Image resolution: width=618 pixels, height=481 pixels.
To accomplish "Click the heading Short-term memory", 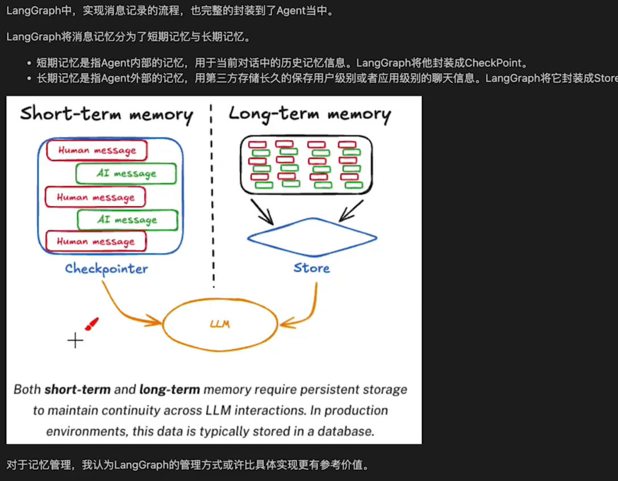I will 106,114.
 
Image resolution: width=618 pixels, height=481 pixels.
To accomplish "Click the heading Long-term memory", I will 310,114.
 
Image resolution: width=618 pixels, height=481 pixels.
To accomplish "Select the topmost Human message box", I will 97,150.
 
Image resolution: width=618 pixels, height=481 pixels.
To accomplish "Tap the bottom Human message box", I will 95,241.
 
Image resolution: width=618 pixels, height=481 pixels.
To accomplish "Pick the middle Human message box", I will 95,197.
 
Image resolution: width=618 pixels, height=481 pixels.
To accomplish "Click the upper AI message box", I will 126,174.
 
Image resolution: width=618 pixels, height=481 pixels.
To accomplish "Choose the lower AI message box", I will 127,220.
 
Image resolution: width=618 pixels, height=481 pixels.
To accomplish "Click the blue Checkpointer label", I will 106,269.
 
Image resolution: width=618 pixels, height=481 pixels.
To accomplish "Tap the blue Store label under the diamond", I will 311,267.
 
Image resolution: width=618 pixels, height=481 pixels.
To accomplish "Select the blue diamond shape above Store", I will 312,237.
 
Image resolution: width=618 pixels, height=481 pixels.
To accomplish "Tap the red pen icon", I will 91,324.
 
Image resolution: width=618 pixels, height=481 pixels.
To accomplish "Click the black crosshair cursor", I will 75,340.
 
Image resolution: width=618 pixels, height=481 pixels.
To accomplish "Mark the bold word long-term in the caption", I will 169,390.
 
